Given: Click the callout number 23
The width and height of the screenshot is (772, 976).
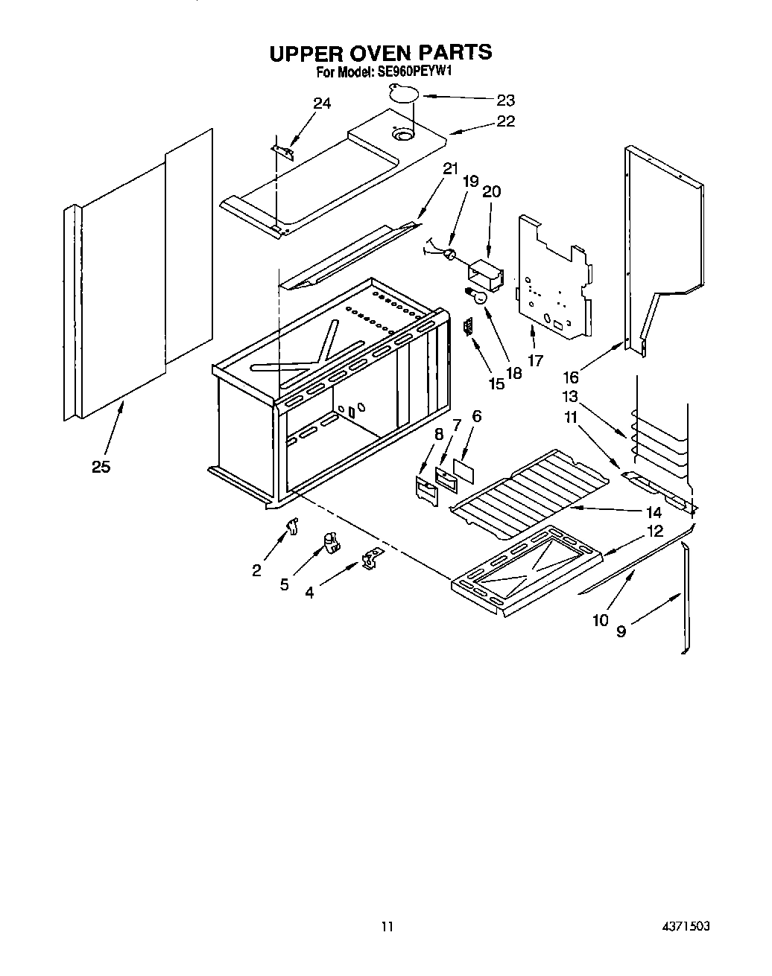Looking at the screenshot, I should [x=506, y=101].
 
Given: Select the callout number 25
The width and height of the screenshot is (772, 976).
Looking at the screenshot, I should [x=101, y=468].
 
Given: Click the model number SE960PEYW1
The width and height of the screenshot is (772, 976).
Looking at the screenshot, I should [x=405, y=72].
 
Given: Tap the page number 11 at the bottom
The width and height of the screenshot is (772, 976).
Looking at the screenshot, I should [x=386, y=927].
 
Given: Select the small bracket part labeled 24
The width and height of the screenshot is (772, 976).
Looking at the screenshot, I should [x=283, y=151].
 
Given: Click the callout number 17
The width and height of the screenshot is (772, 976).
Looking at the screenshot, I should [x=535, y=361].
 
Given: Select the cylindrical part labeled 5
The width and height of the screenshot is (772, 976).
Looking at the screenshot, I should [x=329, y=543].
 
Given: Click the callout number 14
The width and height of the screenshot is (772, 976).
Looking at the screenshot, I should [x=654, y=512].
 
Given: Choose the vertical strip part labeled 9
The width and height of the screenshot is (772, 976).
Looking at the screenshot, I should [x=686, y=596].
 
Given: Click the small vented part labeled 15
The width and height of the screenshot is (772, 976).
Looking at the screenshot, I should [x=467, y=326].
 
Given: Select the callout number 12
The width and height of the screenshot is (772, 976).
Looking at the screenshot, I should [x=655, y=532].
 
